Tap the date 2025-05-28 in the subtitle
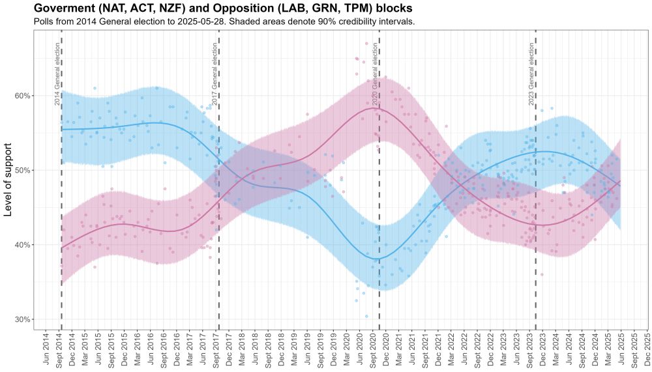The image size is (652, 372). pos(235,22)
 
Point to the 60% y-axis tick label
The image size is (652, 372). pos(23,96)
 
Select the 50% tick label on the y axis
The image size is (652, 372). pos(23,170)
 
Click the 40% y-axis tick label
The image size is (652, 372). pos(23,245)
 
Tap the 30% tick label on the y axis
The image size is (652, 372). pos(23,319)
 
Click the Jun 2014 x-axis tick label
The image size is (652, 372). pos(46,350)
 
